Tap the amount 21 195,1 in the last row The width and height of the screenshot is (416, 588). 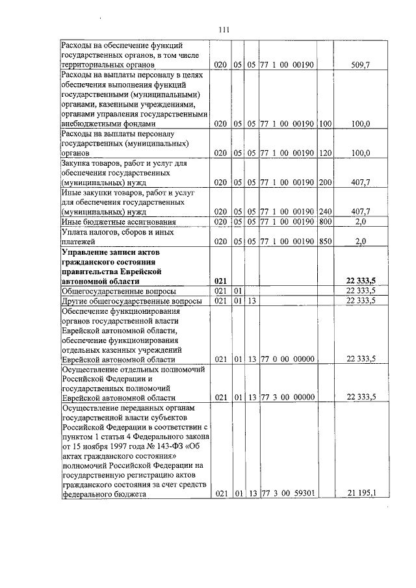359,493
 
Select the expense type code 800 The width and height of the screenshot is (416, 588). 325,222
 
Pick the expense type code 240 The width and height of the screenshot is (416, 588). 325,212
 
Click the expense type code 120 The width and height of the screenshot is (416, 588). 325,153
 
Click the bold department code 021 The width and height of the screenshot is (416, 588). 220,281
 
